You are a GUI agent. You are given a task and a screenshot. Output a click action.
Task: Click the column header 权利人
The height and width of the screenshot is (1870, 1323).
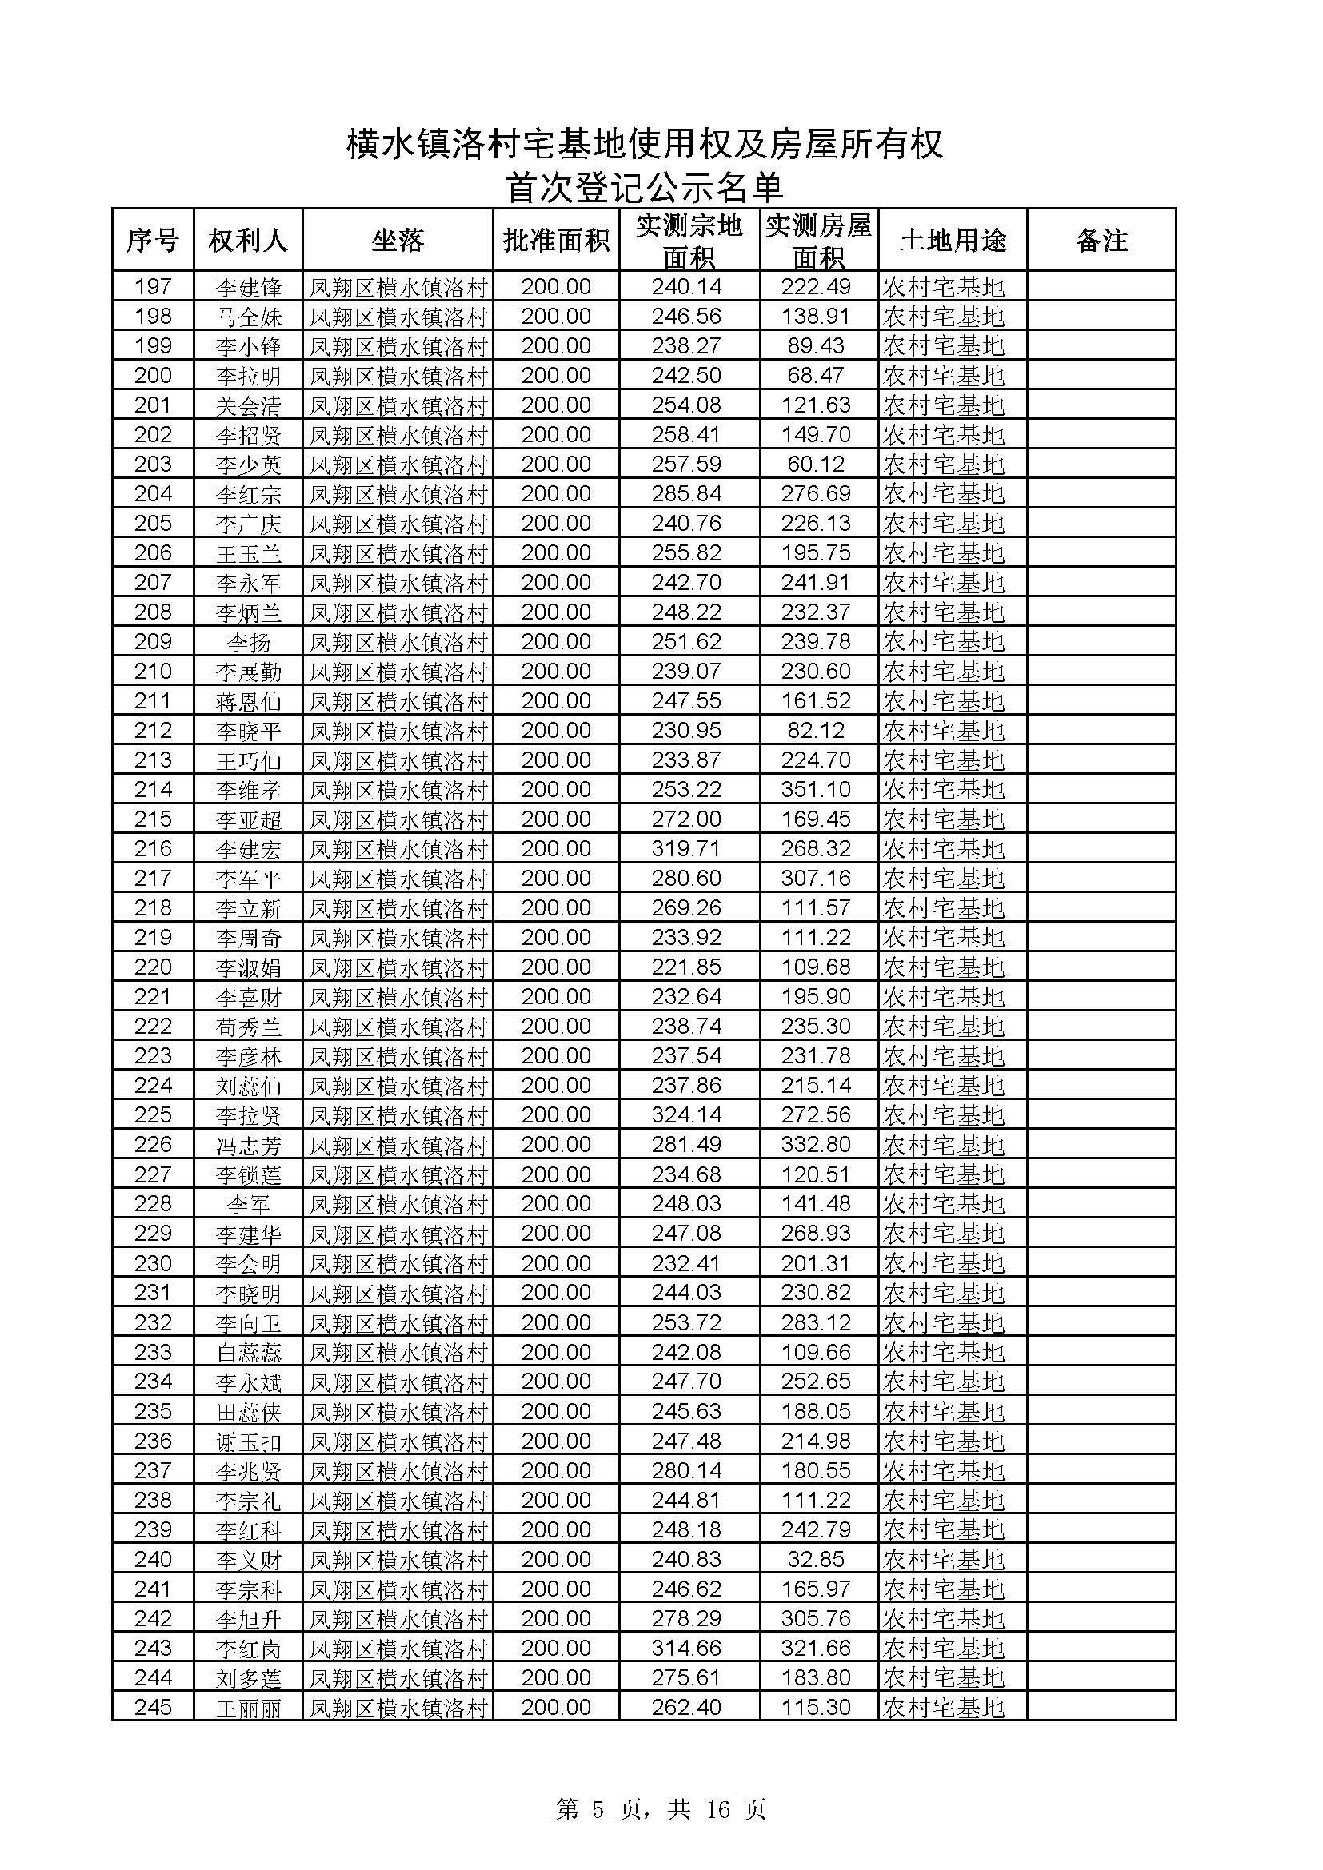coord(248,241)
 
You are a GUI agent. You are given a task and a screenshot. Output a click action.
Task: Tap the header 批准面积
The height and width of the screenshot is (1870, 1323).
coord(556,241)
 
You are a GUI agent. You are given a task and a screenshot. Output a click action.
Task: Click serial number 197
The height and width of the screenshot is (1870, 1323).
coord(153,287)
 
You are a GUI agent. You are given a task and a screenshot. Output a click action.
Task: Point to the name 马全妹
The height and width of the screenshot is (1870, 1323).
coord(249,317)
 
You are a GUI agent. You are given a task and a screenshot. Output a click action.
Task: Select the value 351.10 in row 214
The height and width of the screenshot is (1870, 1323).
coord(817,789)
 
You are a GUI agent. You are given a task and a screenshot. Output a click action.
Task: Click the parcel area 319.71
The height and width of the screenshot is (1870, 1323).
coord(686,849)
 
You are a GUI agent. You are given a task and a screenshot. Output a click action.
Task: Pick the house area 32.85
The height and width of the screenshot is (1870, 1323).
coord(817,1559)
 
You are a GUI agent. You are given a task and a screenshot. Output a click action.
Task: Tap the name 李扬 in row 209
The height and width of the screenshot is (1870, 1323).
coord(249,642)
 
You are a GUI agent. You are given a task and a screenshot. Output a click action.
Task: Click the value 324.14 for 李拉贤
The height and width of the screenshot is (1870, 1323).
coord(686,1114)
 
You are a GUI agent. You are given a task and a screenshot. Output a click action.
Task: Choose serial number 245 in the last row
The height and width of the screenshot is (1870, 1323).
coord(153,1706)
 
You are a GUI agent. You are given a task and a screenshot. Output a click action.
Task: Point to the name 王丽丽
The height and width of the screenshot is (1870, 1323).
coord(249,1707)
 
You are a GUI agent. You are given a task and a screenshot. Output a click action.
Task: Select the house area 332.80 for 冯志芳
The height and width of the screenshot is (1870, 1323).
coord(817,1144)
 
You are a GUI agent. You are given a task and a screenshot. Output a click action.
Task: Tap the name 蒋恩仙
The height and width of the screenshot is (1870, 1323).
coord(249,701)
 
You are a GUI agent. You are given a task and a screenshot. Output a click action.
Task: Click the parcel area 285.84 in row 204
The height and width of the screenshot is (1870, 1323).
coord(686,493)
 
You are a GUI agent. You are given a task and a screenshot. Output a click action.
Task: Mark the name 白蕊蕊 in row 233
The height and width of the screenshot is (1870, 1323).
coord(249,1352)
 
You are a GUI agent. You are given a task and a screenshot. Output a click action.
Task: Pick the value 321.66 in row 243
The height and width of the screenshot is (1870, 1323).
coord(817,1648)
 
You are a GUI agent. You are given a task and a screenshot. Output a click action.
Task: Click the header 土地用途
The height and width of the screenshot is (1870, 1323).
coord(953,241)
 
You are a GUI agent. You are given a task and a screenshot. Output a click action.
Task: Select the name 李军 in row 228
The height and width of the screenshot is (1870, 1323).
coord(249,1204)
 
